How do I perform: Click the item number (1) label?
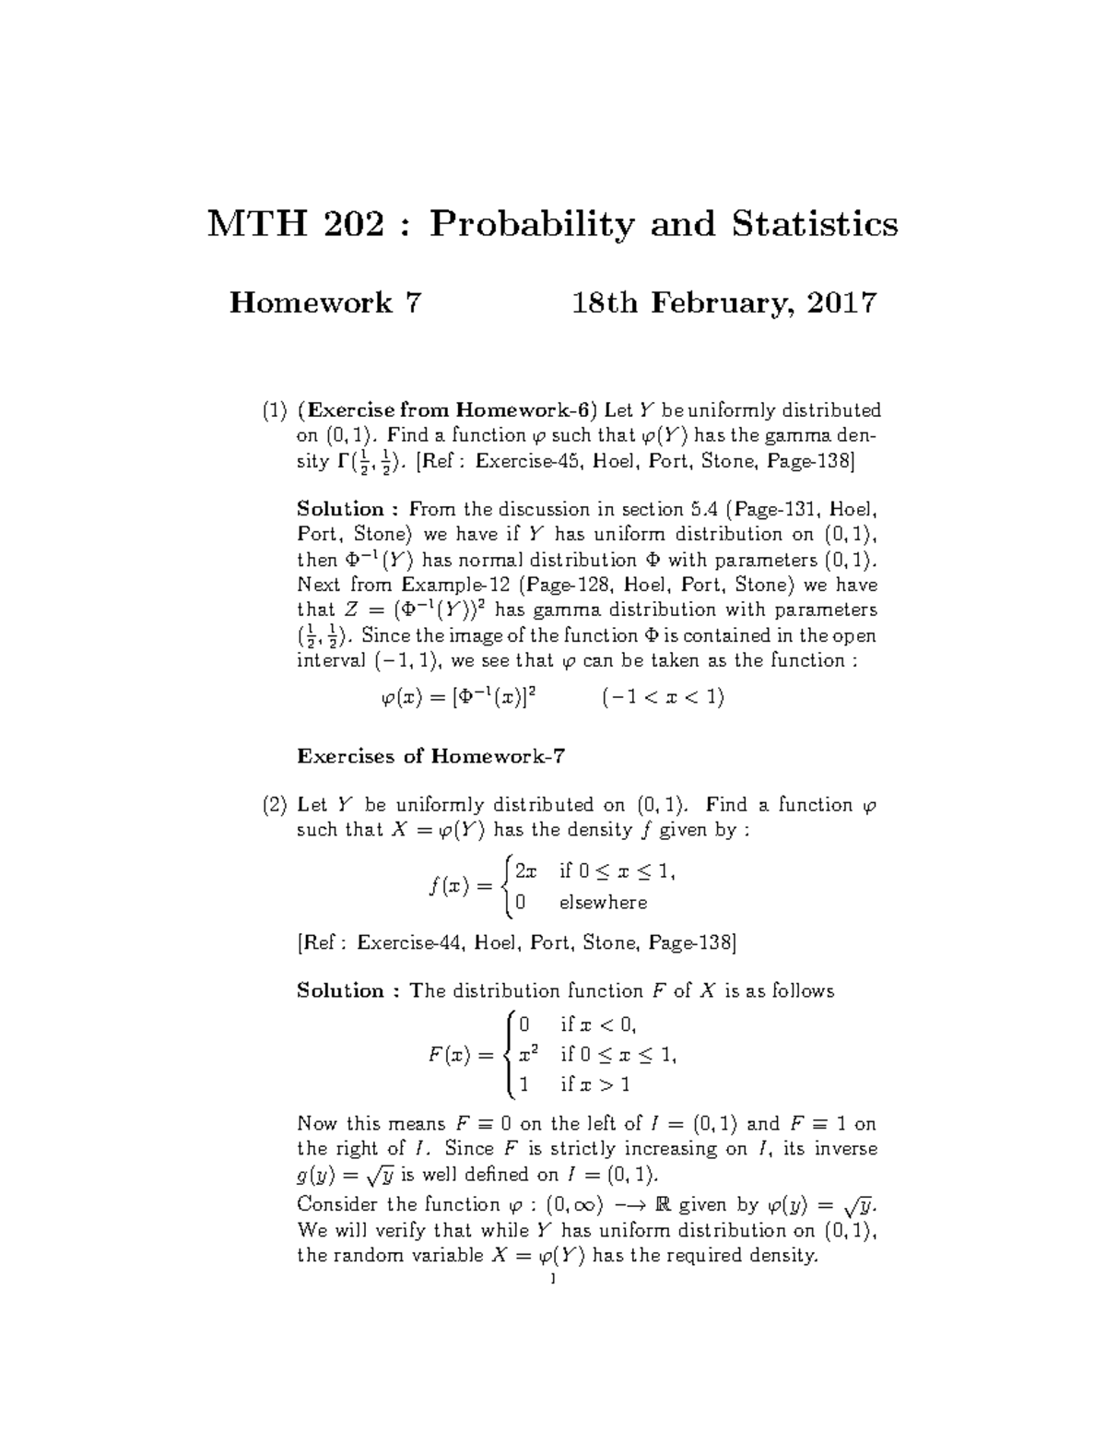tap(273, 410)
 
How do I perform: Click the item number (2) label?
tap(273, 805)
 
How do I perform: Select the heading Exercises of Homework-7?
tap(430, 757)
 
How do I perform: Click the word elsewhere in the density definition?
tap(603, 903)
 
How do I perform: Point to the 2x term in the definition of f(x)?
tap(525, 870)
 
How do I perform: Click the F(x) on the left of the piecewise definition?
tap(449, 1055)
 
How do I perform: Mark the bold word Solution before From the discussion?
tap(339, 509)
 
